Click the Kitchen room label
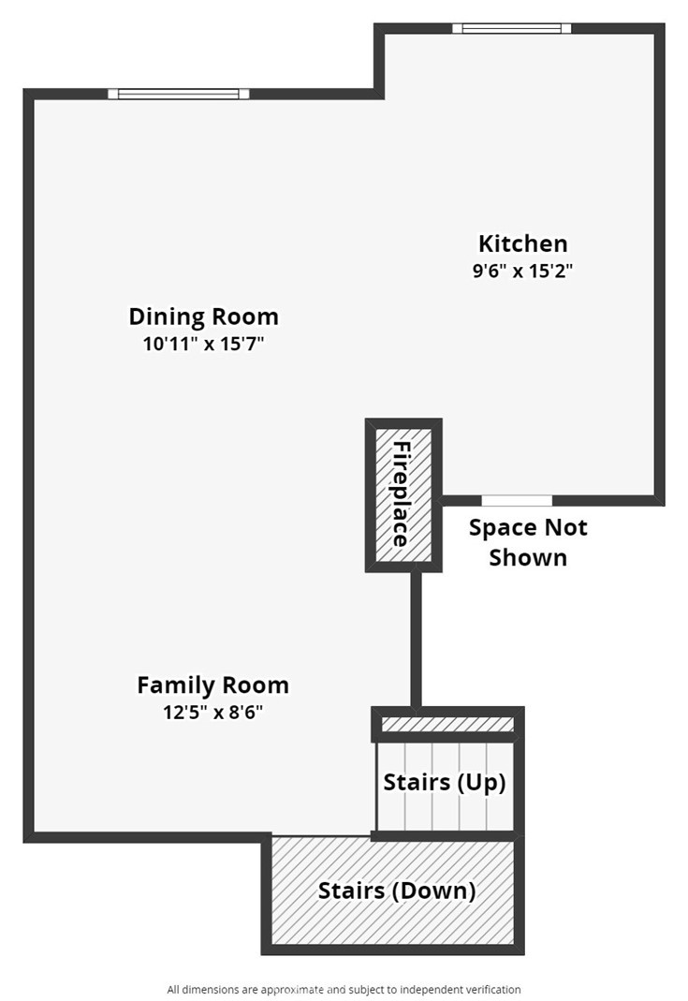coord(522,243)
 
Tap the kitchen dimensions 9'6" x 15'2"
coord(522,272)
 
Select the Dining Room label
coord(203,316)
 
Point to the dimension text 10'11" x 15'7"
coord(203,344)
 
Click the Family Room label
coord(212,685)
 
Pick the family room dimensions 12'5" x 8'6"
coord(212,712)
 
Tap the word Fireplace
coord(402,493)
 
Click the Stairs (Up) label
coord(444,782)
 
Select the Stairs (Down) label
coord(396,891)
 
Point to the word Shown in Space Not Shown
coord(528,558)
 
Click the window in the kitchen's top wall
coord(511,28)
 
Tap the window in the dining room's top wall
coord(178,94)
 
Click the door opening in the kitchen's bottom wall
coord(517,500)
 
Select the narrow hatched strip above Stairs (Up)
coord(448,725)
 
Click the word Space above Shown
coord(501,527)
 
